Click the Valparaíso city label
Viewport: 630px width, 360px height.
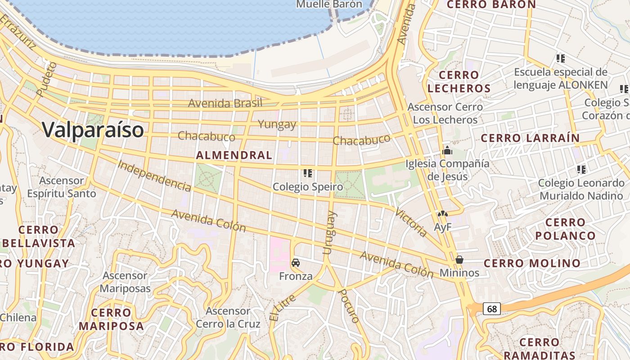pyautogui.click(x=93, y=130)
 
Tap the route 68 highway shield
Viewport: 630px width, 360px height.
pyautogui.click(x=492, y=309)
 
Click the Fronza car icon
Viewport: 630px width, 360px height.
pyautogui.click(x=296, y=262)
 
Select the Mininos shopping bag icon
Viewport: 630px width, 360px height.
pyautogui.click(x=459, y=260)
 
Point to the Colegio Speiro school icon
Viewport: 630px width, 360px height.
pyautogui.click(x=308, y=173)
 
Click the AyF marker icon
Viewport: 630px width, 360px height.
pyautogui.click(x=443, y=215)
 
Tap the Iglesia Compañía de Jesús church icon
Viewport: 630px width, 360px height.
pyautogui.click(x=447, y=150)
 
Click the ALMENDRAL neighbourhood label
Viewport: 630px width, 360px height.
pyautogui.click(x=234, y=155)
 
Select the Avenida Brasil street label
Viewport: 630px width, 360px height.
pyautogui.click(x=225, y=103)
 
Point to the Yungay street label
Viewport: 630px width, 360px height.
pyautogui.click(x=277, y=124)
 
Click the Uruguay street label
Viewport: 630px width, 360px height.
pyautogui.click(x=329, y=233)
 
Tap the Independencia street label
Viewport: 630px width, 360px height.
pyautogui.click(x=154, y=175)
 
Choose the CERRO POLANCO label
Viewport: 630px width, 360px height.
pyautogui.click(x=565, y=229)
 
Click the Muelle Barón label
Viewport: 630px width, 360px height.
pyautogui.click(x=329, y=4)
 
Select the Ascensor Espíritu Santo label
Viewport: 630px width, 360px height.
pyautogui.click(x=62, y=187)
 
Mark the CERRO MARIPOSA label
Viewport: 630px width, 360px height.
pyautogui.click(x=111, y=319)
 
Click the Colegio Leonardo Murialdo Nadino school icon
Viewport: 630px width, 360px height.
pyautogui.click(x=581, y=170)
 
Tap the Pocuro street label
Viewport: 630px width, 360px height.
pyautogui.click(x=349, y=306)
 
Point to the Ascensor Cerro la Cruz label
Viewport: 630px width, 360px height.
pyautogui.click(x=228, y=317)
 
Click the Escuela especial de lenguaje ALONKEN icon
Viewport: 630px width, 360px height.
pyautogui.click(x=560, y=58)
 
